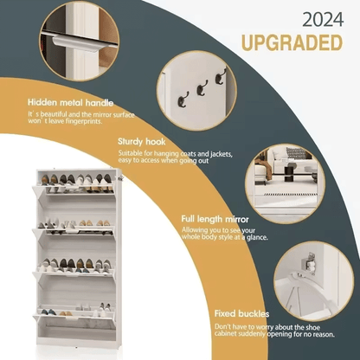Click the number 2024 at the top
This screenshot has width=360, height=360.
coord(323,20)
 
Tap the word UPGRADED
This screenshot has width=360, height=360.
coord(292,43)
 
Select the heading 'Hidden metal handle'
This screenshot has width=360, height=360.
coord(71,102)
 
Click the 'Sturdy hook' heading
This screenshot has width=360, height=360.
coord(142,142)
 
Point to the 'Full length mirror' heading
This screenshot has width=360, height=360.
coord(215,219)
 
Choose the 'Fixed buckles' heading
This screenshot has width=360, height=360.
coord(241,313)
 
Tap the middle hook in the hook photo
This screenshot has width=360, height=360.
coord(202,88)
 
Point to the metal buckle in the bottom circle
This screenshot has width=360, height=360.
coord(309,262)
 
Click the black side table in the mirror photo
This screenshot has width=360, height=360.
coord(290,172)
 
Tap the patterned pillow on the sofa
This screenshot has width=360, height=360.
coord(295,152)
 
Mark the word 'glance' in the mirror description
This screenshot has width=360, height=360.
coord(256,237)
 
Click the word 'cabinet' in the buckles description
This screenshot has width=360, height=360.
coord(226,334)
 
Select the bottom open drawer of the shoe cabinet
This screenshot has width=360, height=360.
coord(74,318)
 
